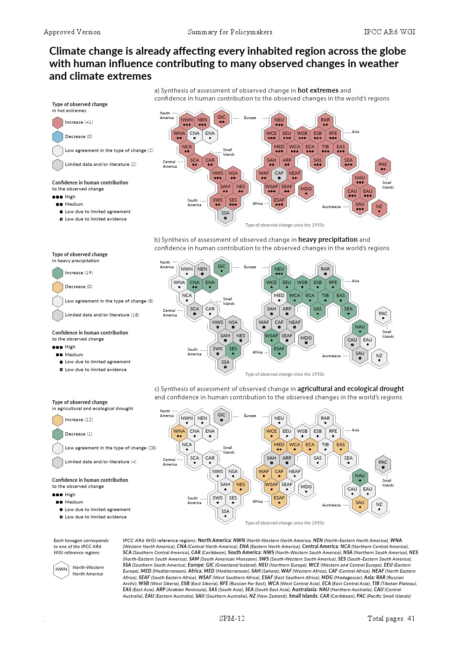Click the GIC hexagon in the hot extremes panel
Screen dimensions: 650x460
tap(222, 119)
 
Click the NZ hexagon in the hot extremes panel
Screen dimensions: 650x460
tap(379, 208)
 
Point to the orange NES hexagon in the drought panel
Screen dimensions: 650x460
tap(241, 486)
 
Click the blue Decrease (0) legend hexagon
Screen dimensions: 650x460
tap(57, 137)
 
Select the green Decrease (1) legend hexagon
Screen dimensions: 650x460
tap(57, 434)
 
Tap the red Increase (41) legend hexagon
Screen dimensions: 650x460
tap(57, 122)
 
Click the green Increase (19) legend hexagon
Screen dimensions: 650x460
tap(57, 273)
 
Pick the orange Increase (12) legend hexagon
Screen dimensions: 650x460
tap(57, 420)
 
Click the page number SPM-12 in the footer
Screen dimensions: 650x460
tap(232, 618)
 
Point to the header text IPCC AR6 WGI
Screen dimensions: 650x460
tap(390, 32)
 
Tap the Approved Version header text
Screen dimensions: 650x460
tap(72, 32)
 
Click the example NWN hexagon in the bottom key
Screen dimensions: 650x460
tap(61, 570)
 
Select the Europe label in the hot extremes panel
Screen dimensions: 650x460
tap(250, 118)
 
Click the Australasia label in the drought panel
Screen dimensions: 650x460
tap(331, 505)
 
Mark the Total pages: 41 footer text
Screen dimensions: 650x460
tap(391, 618)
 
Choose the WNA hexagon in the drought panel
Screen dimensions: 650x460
tap(179, 432)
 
